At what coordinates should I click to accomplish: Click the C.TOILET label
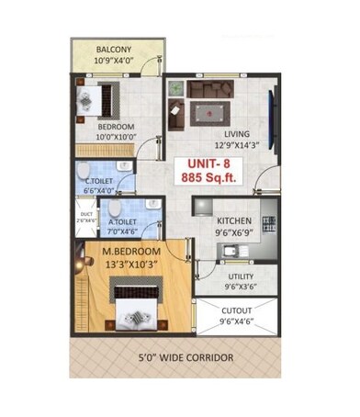tap(99, 181)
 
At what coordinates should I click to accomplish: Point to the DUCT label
tap(84, 214)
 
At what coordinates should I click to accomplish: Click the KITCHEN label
tap(235, 221)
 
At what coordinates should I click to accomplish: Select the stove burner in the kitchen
tap(268, 223)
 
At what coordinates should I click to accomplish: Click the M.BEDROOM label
tap(130, 252)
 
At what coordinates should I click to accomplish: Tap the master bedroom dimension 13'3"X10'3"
tap(130, 265)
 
